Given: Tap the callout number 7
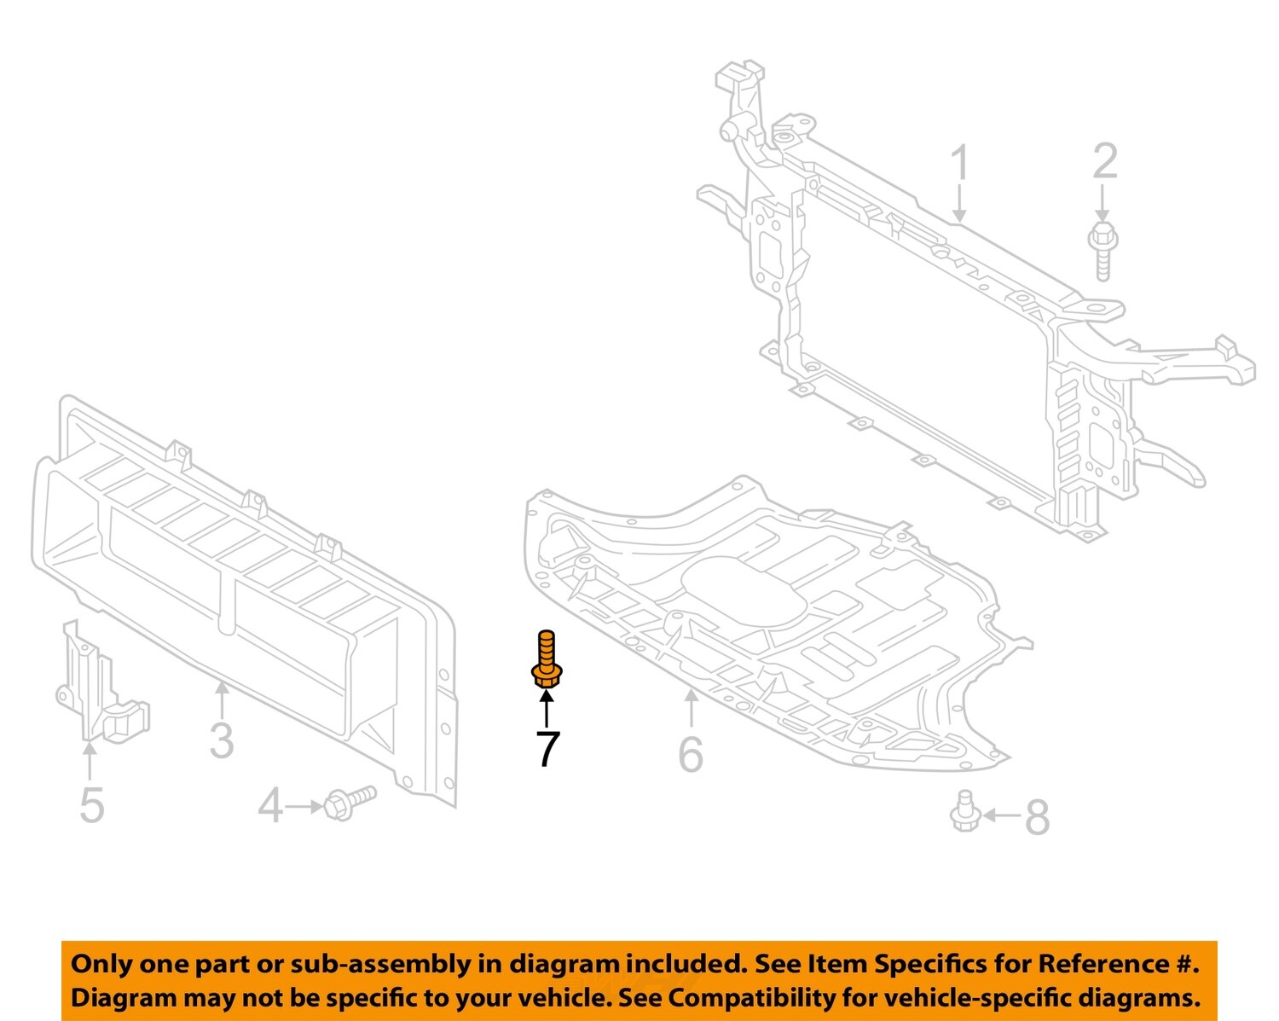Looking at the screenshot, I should (547, 749).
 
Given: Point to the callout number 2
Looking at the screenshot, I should (1105, 162).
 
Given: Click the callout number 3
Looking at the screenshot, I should (222, 740).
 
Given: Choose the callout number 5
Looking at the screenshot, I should (91, 805).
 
